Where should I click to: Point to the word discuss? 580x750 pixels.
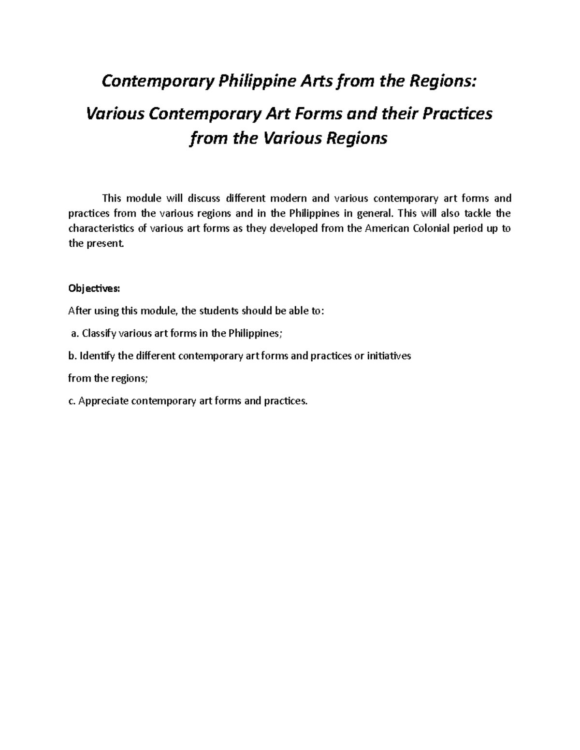click(x=203, y=198)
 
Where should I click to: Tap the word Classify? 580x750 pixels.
click(x=99, y=333)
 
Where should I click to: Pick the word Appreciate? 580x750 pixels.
click(x=102, y=401)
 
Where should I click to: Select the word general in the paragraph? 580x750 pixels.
click(x=372, y=213)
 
